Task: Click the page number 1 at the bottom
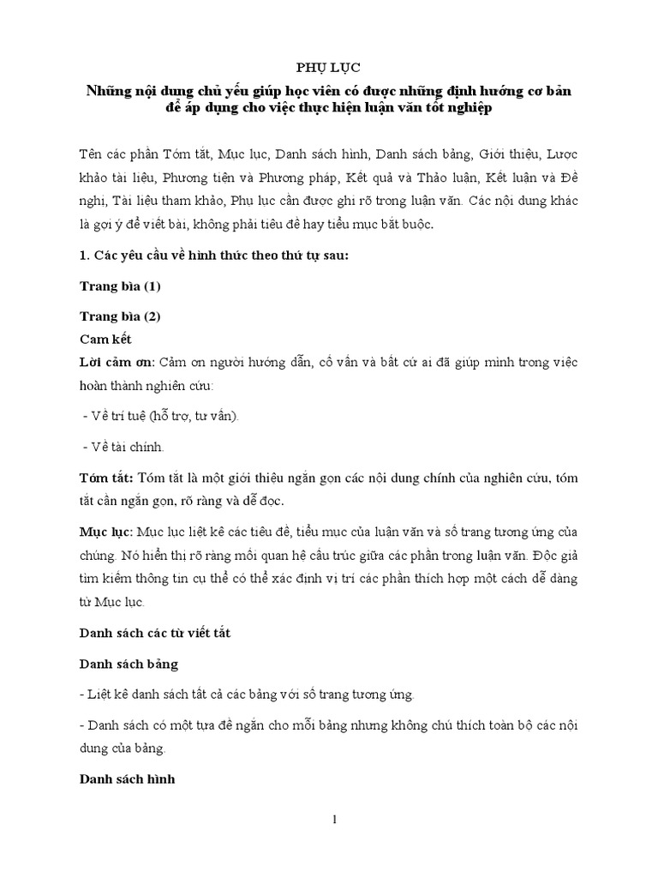(x=335, y=820)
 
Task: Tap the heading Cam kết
(x=108, y=340)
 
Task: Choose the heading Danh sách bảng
(x=129, y=664)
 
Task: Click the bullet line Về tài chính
(x=125, y=446)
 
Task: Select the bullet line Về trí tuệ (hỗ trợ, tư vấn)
(x=163, y=416)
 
